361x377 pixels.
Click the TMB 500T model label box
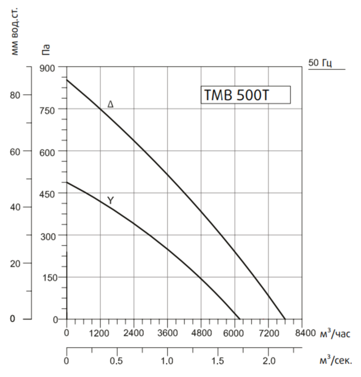point(245,95)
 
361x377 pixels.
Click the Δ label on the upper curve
point(111,104)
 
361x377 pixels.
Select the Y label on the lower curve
point(111,200)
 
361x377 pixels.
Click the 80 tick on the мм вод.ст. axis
point(15,95)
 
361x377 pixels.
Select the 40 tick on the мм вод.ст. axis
point(15,207)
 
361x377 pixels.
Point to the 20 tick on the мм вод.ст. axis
point(15,264)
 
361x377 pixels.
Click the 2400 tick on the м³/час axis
point(134,333)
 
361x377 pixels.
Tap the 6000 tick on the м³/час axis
point(234,333)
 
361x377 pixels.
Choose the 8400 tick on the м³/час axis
point(301,333)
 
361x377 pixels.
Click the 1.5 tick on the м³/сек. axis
point(217,360)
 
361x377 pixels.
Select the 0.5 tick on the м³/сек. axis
point(117,360)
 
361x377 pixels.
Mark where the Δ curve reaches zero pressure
point(285,319)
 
